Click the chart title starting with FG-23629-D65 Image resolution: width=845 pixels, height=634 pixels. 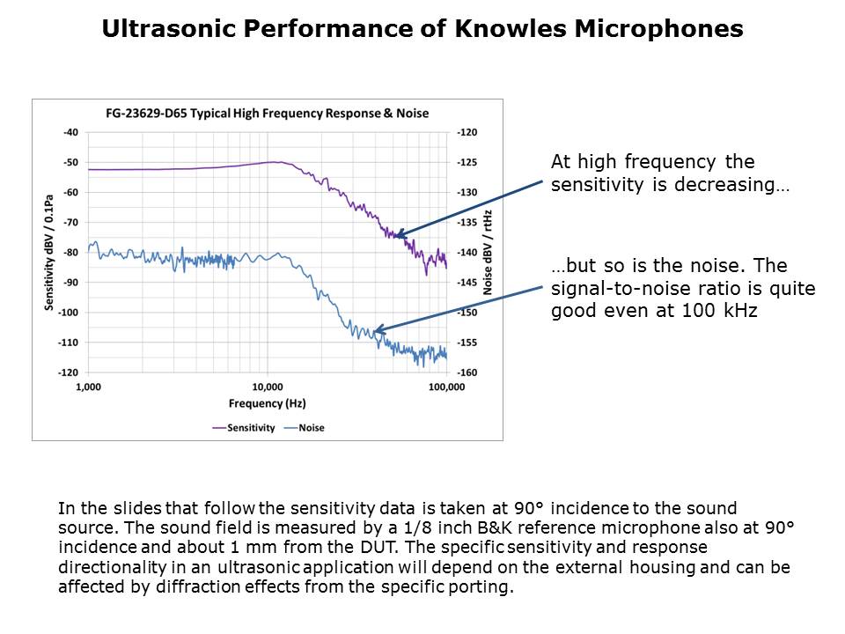[267, 114]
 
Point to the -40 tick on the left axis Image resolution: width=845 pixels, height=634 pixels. [71, 132]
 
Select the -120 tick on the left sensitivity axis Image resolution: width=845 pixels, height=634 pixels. [69, 372]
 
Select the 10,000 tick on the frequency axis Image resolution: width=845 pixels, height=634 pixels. [267, 387]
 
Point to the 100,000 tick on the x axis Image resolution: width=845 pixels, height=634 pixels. [445, 387]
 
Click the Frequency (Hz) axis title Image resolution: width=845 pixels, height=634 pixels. [267, 404]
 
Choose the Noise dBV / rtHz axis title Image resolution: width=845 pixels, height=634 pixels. [488, 252]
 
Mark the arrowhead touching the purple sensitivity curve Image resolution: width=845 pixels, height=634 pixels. [398, 234]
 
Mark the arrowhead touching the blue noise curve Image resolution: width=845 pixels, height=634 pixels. [376, 332]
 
